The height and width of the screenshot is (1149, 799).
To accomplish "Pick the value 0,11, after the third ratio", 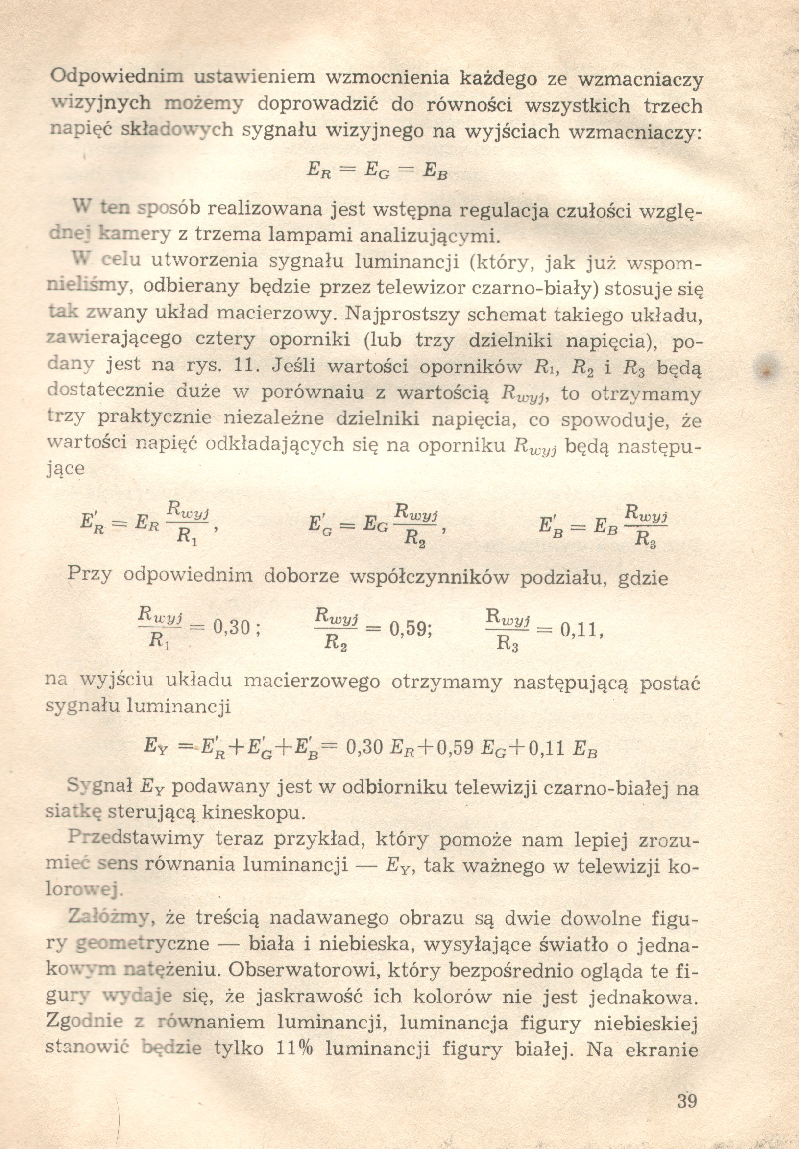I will (x=582, y=630).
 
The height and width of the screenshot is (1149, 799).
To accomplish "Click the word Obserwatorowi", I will (x=296, y=970).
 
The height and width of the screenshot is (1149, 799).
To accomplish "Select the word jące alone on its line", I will (x=65, y=469).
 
